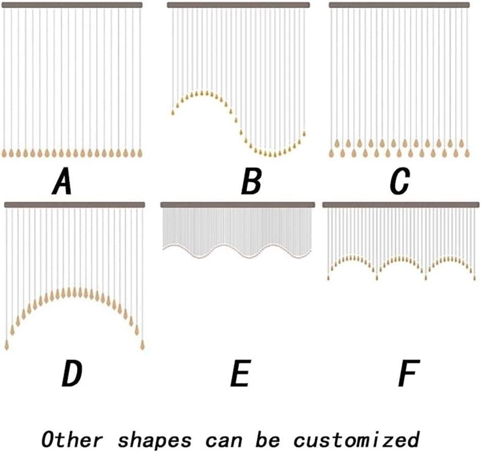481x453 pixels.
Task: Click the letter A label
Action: click(62, 183)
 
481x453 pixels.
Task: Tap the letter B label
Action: click(251, 183)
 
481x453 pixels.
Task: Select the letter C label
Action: click(399, 183)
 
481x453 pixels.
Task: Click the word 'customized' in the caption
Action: click(356, 439)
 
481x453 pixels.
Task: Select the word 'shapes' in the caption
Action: click(154, 439)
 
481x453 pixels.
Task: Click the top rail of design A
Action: click(72, 5)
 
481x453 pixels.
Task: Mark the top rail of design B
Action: click(238, 5)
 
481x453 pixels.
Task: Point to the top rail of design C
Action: click(399, 5)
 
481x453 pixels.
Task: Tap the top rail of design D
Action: click(74, 205)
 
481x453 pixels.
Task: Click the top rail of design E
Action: click(237, 204)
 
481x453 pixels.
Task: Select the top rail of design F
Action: click(400, 204)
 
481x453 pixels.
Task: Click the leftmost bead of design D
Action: click(7, 345)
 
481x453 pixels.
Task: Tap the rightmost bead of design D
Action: click(143, 345)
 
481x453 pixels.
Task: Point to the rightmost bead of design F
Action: click(473, 277)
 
